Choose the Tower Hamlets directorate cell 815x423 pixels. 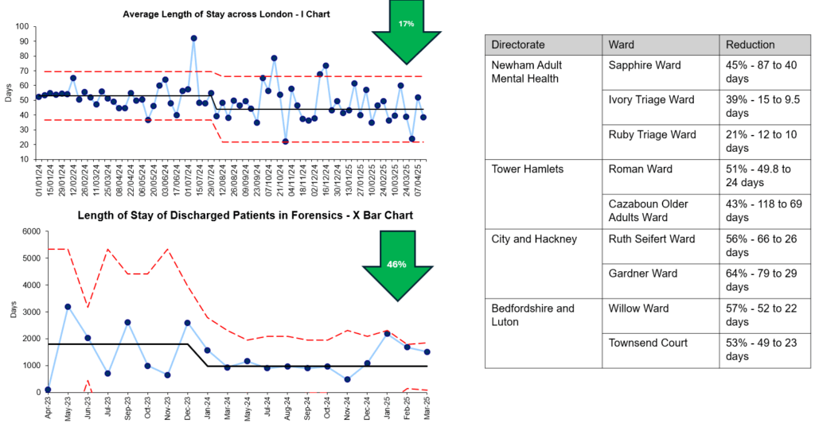(528, 169)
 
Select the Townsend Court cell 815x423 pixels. (647, 343)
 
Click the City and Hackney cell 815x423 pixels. (533, 239)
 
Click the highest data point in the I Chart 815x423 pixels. (193, 38)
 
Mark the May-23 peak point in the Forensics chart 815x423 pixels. (68, 306)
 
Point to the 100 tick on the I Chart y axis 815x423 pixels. (23, 26)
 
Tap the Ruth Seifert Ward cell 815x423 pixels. (652, 239)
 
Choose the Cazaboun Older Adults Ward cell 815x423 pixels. (649, 210)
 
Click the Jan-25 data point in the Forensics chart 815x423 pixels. (388, 334)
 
